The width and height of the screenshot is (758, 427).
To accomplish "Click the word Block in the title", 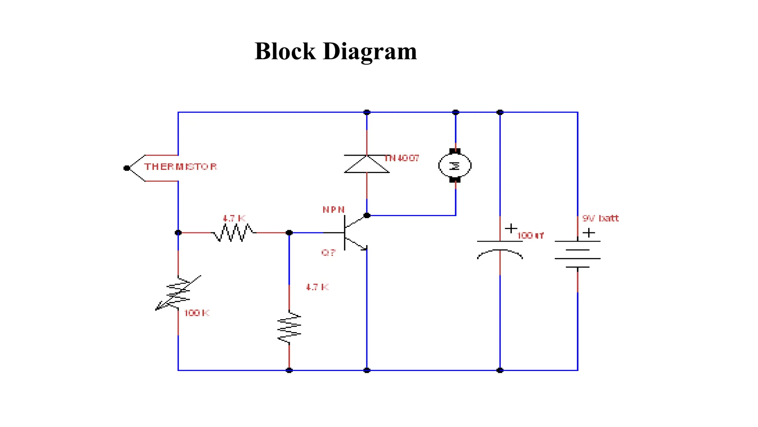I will [285, 51].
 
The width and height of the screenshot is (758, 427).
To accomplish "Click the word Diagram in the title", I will [370, 51].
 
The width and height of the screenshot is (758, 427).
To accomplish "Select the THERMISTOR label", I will [181, 167].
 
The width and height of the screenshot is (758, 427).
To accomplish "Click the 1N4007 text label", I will [402, 158].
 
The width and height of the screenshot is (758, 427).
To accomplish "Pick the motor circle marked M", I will [455, 166].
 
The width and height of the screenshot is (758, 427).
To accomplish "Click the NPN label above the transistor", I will [333, 210].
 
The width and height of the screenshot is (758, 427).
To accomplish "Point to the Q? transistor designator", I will [328, 253].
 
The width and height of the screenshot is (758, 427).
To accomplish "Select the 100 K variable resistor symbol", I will [178, 293].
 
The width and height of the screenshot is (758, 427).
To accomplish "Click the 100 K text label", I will [197, 313].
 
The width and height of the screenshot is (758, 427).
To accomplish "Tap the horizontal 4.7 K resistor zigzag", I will [234, 233].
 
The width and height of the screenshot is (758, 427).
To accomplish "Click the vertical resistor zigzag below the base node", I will [289, 327].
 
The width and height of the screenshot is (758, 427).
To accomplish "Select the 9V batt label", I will [600, 218].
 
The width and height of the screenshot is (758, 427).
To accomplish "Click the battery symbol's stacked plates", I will [577, 254].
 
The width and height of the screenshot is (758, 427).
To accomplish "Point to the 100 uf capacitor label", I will [530, 236].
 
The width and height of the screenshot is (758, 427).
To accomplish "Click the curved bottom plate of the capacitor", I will [500, 254].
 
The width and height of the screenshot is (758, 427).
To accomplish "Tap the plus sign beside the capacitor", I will [511, 228].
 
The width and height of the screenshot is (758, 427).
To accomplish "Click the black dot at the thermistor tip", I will [127, 168].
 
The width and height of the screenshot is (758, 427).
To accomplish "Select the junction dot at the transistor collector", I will [367, 215].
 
